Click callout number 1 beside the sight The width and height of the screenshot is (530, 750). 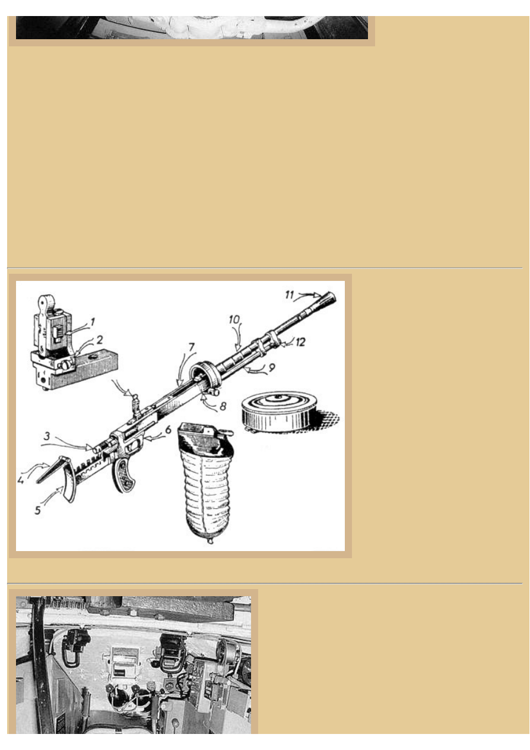92,322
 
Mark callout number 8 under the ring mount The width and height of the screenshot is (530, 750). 223,407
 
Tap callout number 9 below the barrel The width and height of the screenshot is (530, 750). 271,368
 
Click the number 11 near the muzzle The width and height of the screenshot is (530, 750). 290,295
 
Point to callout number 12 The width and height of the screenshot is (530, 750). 302,342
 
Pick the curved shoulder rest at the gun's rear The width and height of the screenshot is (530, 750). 70,482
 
